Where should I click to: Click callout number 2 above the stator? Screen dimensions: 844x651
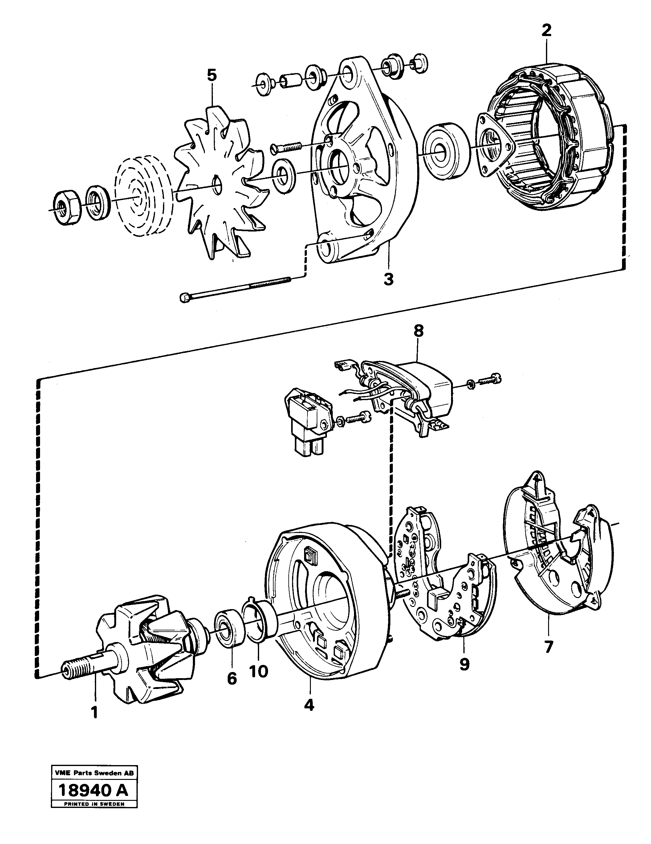pyautogui.click(x=546, y=30)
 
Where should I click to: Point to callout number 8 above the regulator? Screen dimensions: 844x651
pyautogui.click(x=418, y=331)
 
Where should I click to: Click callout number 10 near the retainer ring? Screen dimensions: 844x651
pyautogui.click(x=258, y=672)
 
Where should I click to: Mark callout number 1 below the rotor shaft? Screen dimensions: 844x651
pyautogui.click(x=94, y=712)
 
